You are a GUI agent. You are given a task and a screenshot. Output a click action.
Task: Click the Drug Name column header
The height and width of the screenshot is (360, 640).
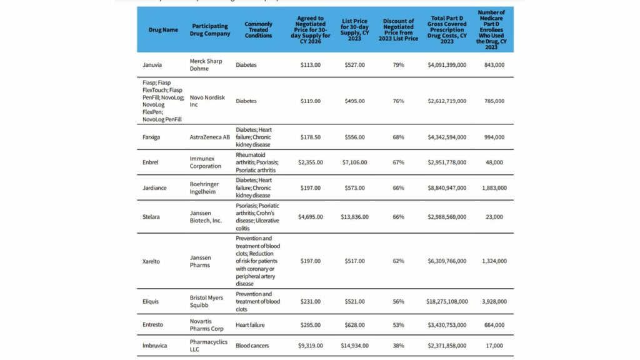point(163,30)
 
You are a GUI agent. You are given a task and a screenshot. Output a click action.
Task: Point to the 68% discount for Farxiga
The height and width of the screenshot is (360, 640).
point(398,137)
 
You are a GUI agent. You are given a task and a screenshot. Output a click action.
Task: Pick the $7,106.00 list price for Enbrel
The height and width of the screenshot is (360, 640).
point(355,162)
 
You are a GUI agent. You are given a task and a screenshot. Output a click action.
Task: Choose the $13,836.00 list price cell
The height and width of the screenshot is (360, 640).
point(355,217)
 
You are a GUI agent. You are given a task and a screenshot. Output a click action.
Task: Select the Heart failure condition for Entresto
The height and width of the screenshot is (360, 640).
point(252,325)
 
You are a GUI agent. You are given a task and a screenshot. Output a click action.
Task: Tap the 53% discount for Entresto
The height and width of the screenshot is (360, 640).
point(398,325)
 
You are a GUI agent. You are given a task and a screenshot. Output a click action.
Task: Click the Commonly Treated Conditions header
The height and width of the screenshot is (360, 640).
point(258,30)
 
